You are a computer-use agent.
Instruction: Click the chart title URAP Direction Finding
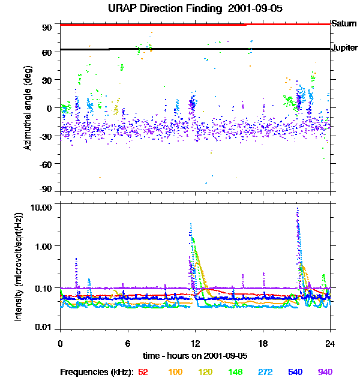tap(179, 8)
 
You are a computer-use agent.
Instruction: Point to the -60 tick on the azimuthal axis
tap(46, 163)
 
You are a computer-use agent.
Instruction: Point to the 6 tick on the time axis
tap(128, 343)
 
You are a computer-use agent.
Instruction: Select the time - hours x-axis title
tap(195, 356)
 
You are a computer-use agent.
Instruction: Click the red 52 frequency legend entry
tap(143, 372)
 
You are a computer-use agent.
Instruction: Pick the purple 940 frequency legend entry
tap(325, 372)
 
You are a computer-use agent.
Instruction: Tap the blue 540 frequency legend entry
tap(295, 372)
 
